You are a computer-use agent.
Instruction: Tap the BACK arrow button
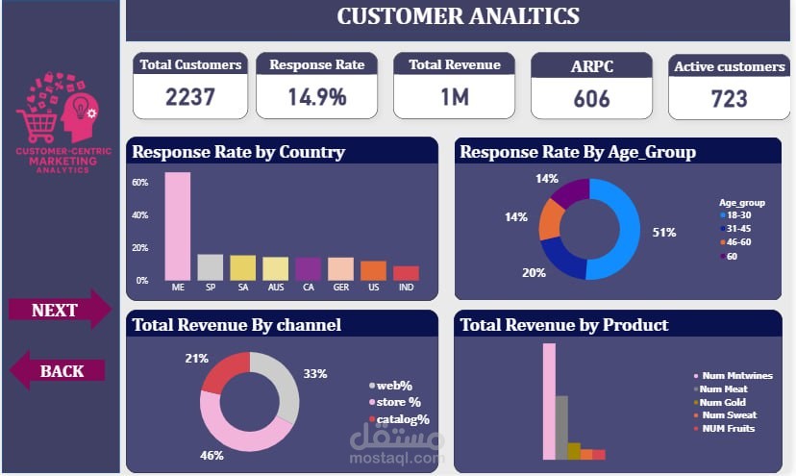[60, 370]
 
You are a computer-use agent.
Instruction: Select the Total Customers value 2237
[190, 97]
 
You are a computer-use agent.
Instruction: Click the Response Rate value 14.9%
[316, 97]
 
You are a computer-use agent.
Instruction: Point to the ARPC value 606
[591, 99]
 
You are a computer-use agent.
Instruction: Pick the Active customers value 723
[729, 99]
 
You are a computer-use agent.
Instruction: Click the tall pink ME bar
[178, 226]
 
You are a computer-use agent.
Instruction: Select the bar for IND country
[406, 273]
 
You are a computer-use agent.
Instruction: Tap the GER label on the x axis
[340, 288]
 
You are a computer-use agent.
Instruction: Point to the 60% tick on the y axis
[139, 183]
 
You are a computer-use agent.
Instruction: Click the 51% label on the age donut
[664, 233]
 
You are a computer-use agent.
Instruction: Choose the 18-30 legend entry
[740, 215]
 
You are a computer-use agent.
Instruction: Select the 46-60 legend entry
[740, 242]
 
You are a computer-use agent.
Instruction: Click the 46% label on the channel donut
[211, 455]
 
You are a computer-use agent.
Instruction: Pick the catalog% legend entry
[403, 419]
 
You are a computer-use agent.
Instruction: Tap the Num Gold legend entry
[721, 402]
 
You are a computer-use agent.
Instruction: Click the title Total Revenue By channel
[236, 325]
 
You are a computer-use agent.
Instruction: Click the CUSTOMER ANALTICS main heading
[458, 16]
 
